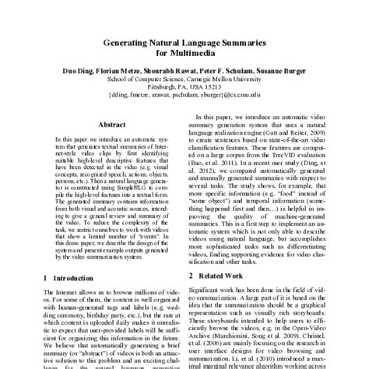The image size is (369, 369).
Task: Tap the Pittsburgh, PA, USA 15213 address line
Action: tap(184, 100)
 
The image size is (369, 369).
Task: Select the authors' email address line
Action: tap(184, 110)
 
